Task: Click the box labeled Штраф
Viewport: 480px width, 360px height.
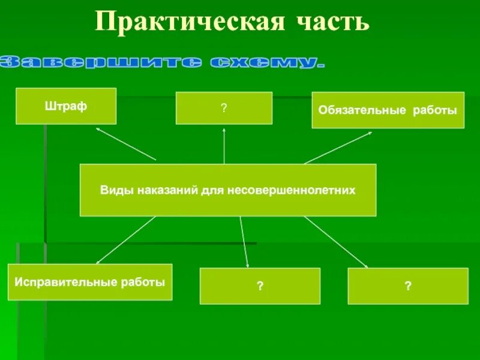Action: pyautogui.click(x=66, y=106)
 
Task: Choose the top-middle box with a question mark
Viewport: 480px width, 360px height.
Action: pyautogui.click(x=224, y=108)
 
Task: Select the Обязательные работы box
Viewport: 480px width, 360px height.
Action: pyautogui.click(x=388, y=110)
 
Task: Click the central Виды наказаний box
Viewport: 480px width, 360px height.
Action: pyautogui.click(x=228, y=190)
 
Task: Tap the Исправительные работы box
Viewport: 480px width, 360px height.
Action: pyautogui.click(x=90, y=282)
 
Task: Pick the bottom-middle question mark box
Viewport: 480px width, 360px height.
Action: pyautogui.click(x=260, y=286)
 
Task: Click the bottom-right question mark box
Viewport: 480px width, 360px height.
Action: pyautogui.click(x=408, y=286)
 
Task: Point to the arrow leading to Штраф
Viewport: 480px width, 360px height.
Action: pyautogui.click(x=126, y=144)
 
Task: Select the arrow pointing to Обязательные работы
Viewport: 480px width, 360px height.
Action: pyautogui.click(x=338, y=147)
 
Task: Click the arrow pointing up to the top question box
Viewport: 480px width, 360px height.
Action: pyautogui.click(x=224, y=145)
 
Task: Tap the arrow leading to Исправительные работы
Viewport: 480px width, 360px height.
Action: pyautogui.click(x=126, y=240)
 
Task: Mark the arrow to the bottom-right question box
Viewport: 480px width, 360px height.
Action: pyautogui.click(x=336, y=241)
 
